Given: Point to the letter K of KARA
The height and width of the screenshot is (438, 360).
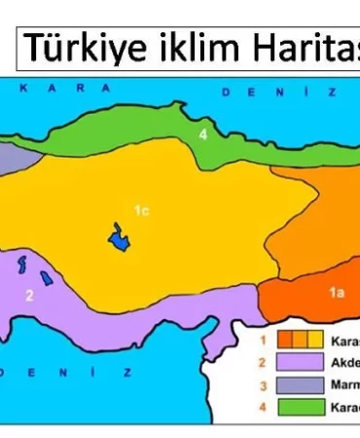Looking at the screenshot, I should coord(21,88).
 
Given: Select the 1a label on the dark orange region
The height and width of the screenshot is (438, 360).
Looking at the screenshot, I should coord(337,291).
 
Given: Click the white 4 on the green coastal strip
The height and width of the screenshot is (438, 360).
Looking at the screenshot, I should coord(203,134).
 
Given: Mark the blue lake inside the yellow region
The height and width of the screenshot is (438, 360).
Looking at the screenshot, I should coord(120,237).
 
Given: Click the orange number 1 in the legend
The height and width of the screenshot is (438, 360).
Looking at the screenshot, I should coord(263,340).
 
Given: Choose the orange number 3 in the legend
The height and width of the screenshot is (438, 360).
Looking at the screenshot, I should coord(263,384).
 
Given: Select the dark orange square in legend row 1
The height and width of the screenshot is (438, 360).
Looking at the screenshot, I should coord(286,340).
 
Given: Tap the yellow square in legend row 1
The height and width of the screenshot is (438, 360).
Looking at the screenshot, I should coord(315,340).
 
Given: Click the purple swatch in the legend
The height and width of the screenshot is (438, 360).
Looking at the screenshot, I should coord(301,362).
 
